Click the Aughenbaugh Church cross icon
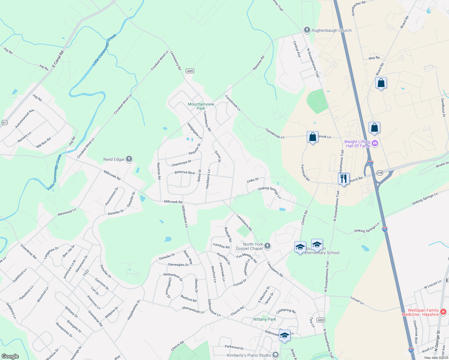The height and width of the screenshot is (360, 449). [x=307, y=30]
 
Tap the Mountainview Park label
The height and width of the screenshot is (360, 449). [x=201, y=106]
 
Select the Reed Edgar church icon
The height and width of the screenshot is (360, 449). [x=129, y=159]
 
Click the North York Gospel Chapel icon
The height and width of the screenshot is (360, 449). [x=267, y=246]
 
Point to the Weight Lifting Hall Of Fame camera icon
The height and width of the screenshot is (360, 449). [x=375, y=143]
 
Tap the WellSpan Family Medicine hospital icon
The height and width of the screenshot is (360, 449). [x=443, y=312]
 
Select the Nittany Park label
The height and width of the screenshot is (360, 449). [x=264, y=319]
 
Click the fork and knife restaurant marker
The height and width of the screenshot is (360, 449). [x=344, y=179]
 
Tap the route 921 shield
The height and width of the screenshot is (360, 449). [x=5, y=122]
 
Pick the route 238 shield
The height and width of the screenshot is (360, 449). [x=380, y=173]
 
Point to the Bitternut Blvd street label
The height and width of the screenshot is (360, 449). [x=185, y=172]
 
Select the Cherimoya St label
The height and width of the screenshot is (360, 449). [x=181, y=163]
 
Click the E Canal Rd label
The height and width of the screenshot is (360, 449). [x=58, y=59]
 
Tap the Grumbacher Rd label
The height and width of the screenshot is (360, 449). [x=358, y=8]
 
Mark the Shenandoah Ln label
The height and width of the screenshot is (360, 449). [x=193, y=310]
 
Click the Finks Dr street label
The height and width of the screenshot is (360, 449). [x=252, y=180]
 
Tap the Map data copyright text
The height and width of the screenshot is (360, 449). [x=436, y=358]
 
